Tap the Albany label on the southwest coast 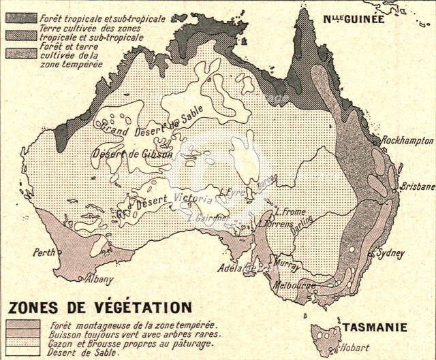tap(99, 279)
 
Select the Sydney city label tap(390, 253)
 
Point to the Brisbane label tap(417, 186)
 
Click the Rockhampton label tap(407, 140)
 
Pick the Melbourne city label tap(294, 286)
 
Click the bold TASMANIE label tap(375, 327)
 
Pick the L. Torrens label tap(276, 223)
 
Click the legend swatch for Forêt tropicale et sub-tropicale tap(21, 18)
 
